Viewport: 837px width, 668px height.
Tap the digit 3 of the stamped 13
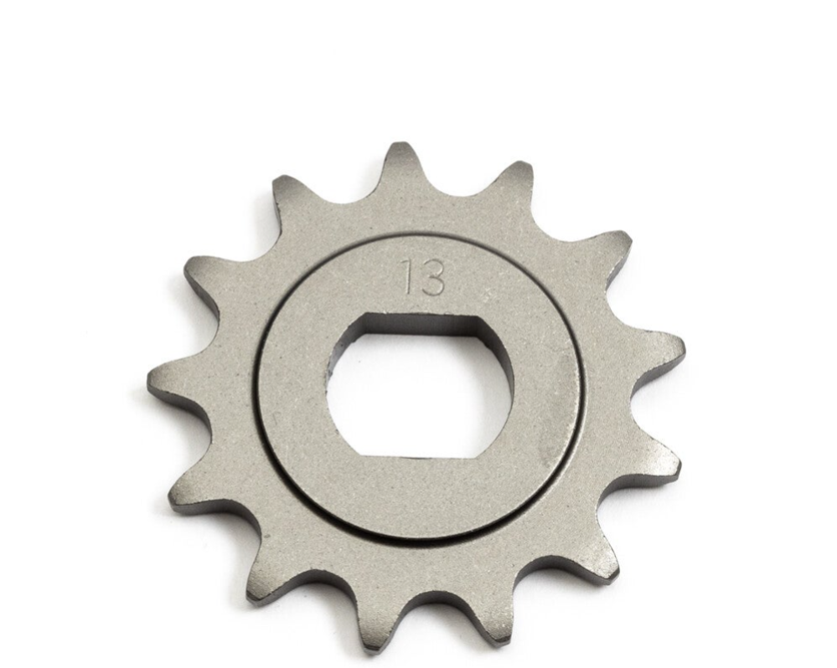[x=432, y=277]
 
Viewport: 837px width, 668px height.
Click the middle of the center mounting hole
[x=421, y=386]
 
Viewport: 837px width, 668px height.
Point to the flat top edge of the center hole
[x=421, y=318]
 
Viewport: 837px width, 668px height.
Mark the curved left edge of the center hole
[x=330, y=385]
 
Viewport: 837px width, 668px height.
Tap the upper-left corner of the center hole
[x=363, y=316]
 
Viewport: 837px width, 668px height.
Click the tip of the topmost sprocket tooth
[x=400, y=143]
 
